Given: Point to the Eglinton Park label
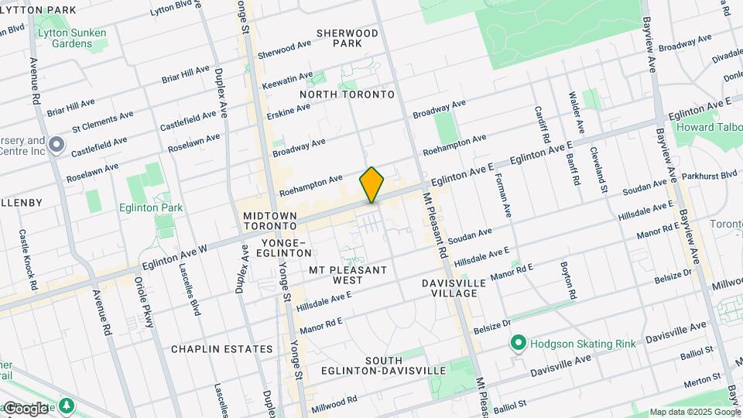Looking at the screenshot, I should tap(151, 207).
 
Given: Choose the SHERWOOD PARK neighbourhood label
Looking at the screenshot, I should tap(348, 38).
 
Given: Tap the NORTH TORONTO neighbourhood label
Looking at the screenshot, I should tap(347, 94).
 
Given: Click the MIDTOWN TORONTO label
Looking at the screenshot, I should tap(269, 221).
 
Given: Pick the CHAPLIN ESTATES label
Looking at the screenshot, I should tap(222, 349).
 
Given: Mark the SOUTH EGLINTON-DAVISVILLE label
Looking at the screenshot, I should tap(395, 365).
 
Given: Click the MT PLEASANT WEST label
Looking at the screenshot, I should tap(348, 275).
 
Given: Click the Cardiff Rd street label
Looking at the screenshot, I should tap(539, 123).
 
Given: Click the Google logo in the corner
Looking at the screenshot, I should tap(26, 408).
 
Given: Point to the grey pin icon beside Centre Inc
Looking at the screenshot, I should tap(56, 145).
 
